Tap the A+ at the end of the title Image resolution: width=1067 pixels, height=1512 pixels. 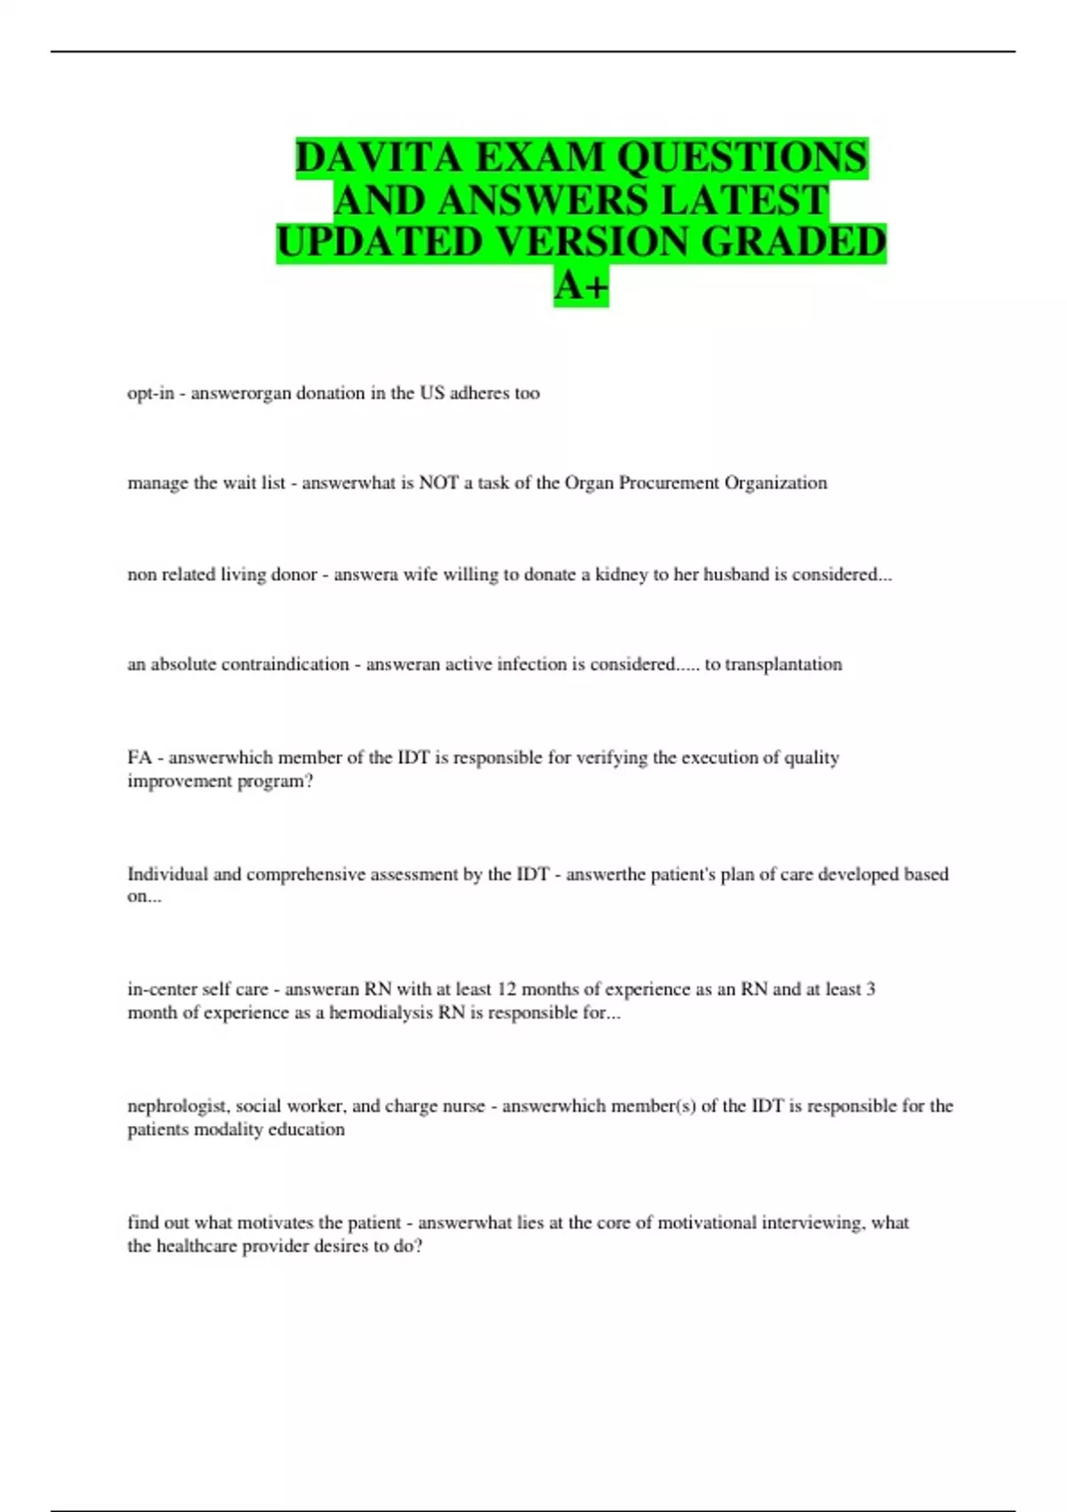click(x=582, y=286)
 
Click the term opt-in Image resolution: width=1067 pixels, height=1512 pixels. click(x=150, y=393)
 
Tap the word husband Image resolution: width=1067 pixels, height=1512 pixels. click(x=735, y=575)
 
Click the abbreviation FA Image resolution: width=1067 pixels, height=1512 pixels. click(x=140, y=758)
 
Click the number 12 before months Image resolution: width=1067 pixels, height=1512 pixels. click(x=506, y=989)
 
